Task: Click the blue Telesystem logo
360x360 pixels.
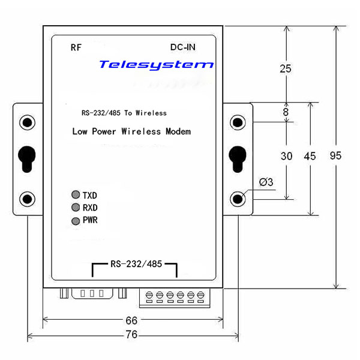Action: click(x=155, y=64)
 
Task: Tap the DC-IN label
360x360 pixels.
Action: click(x=183, y=47)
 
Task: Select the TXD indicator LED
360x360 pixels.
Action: click(x=76, y=195)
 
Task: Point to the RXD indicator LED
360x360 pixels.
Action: click(x=76, y=208)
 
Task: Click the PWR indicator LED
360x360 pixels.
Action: click(x=76, y=221)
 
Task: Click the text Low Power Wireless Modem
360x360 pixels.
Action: click(x=131, y=131)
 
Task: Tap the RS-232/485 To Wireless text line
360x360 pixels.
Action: click(x=124, y=113)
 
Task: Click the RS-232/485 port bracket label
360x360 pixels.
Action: click(x=135, y=263)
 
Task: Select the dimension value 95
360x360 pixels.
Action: click(x=336, y=155)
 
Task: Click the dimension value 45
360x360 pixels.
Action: click(x=310, y=156)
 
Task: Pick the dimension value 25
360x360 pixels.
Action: click(x=286, y=68)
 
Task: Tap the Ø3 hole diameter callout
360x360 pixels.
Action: click(x=266, y=182)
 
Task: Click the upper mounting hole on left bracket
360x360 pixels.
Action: click(x=27, y=122)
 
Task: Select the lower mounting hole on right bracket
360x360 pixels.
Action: click(x=239, y=198)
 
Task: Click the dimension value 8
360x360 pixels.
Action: click(x=286, y=112)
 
